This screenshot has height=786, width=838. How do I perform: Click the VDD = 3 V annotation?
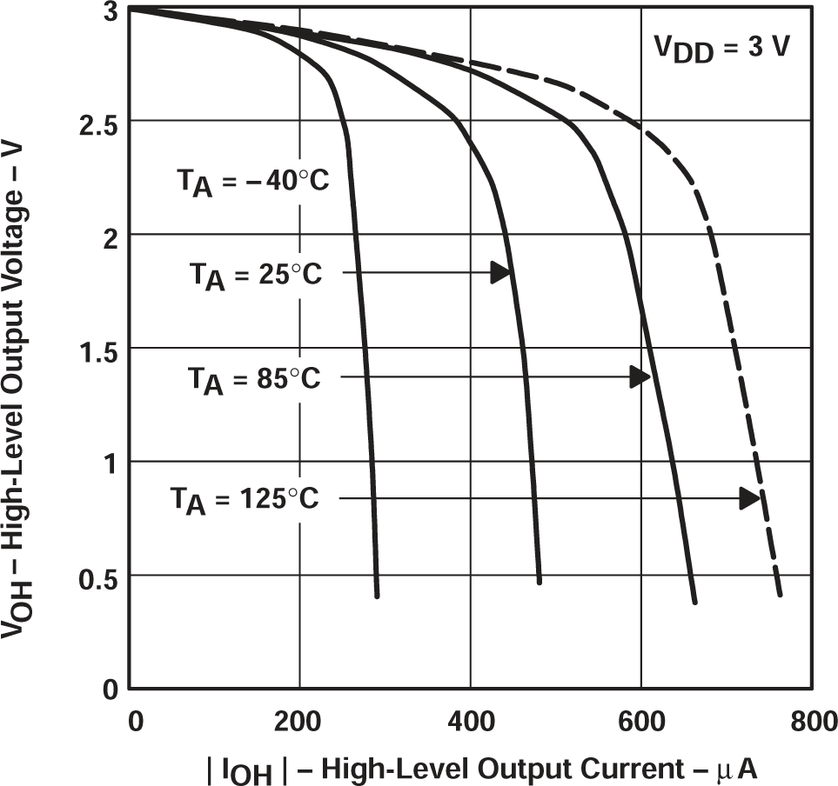pyautogui.click(x=722, y=49)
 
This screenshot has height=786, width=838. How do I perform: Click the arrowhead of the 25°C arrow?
pyautogui.click(x=499, y=273)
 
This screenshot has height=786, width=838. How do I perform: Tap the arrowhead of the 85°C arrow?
pyautogui.click(x=640, y=376)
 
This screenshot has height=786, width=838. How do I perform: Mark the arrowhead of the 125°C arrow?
pyautogui.click(x=749, y=498)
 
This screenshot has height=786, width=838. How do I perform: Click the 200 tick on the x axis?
pyautogui.click(x=299, y=721)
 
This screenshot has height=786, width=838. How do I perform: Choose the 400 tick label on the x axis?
pyautogui.click(x=470, y=721)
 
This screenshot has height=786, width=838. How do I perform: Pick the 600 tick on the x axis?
pyautogui.click(x=640, y=721)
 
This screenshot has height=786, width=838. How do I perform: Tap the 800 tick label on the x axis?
pyautogui.click(x=811, y=721)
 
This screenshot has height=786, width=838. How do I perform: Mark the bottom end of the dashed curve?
pyautogui.click(x=781, y=596)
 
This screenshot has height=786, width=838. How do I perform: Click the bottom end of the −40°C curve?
pyautogui.click(x=377, y=596)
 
